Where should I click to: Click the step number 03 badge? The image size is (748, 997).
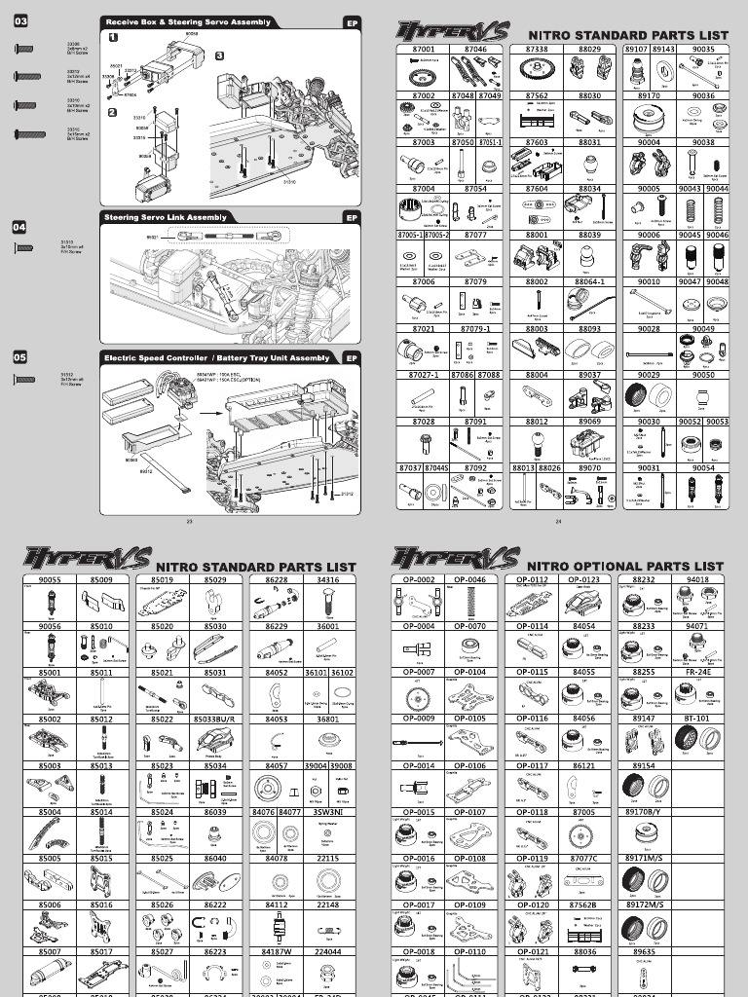point(20,20)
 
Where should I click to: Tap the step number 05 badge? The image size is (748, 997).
point(19,357)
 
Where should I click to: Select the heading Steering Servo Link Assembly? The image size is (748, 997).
point(162,218)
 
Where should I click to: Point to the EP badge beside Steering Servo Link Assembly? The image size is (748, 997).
point(352,218)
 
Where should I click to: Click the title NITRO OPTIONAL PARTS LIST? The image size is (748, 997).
point(624,566)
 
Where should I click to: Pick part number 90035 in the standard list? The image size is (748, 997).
point(703,48)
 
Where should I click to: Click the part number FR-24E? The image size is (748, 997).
point(697,672)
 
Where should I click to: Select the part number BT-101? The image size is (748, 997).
point(697,720)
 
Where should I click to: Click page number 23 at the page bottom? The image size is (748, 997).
point(189,522)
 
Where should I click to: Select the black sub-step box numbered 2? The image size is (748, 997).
point(113,112)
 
